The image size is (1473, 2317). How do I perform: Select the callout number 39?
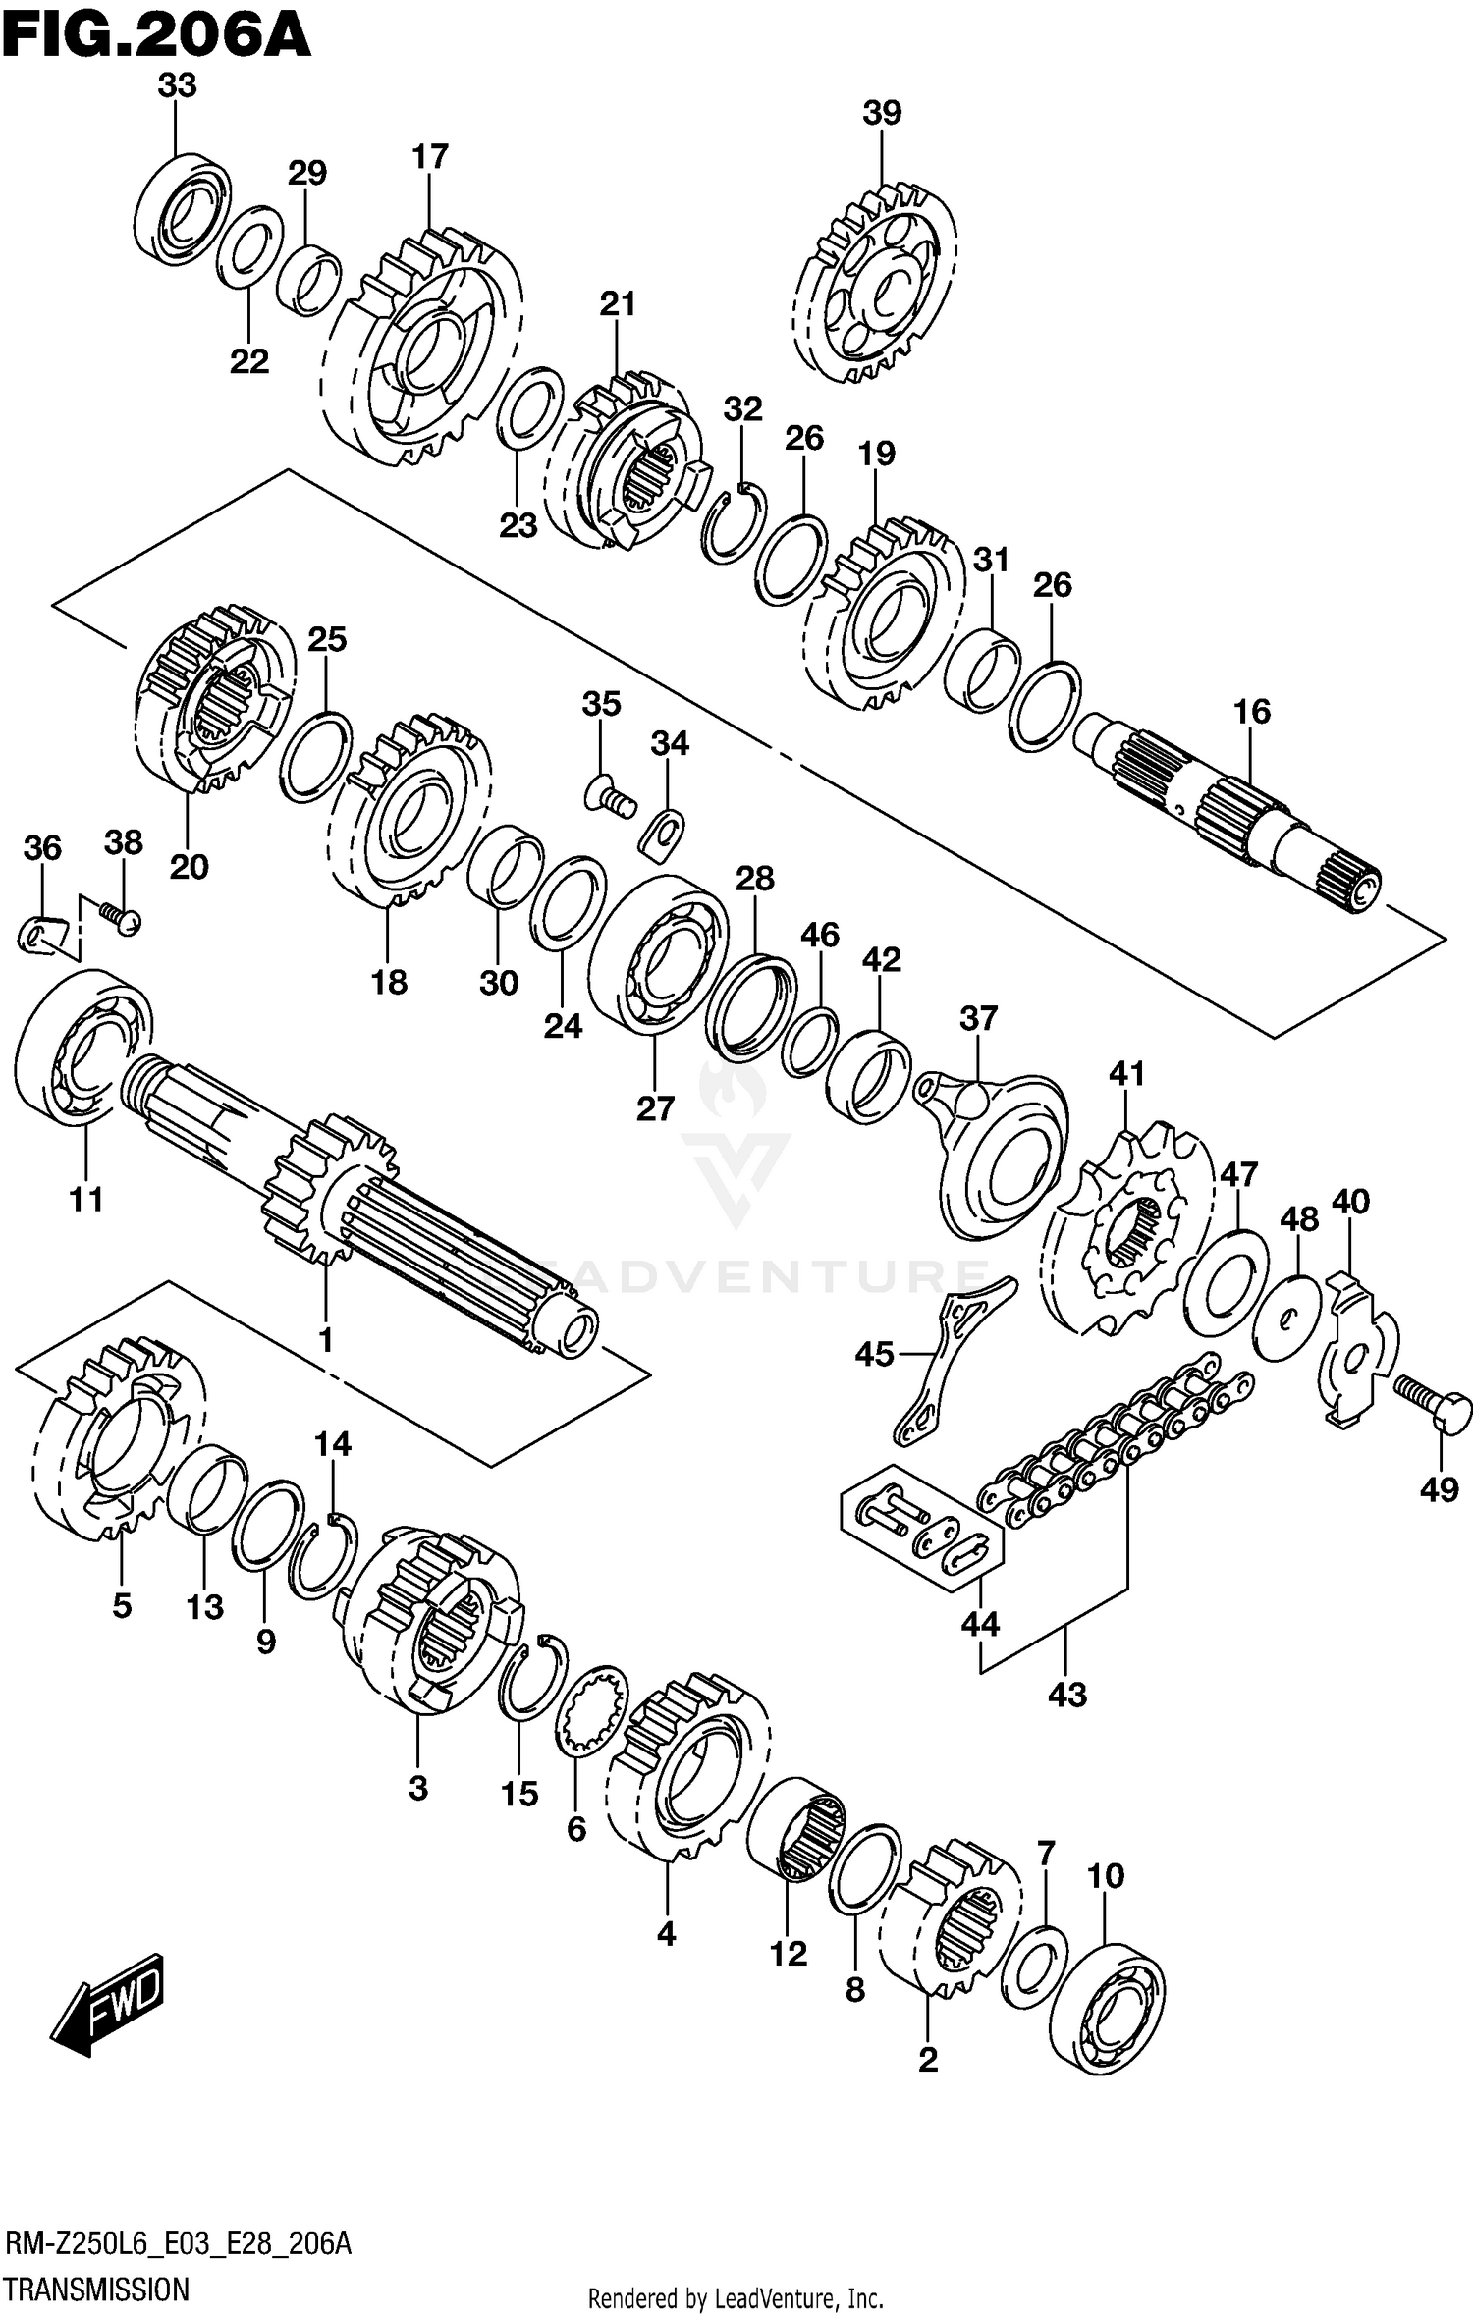pos(882,113)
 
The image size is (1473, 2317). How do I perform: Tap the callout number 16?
pos(1252,712)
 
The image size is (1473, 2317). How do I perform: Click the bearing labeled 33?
pos(182,210)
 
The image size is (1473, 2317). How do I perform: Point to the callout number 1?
pos(325,1340)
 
